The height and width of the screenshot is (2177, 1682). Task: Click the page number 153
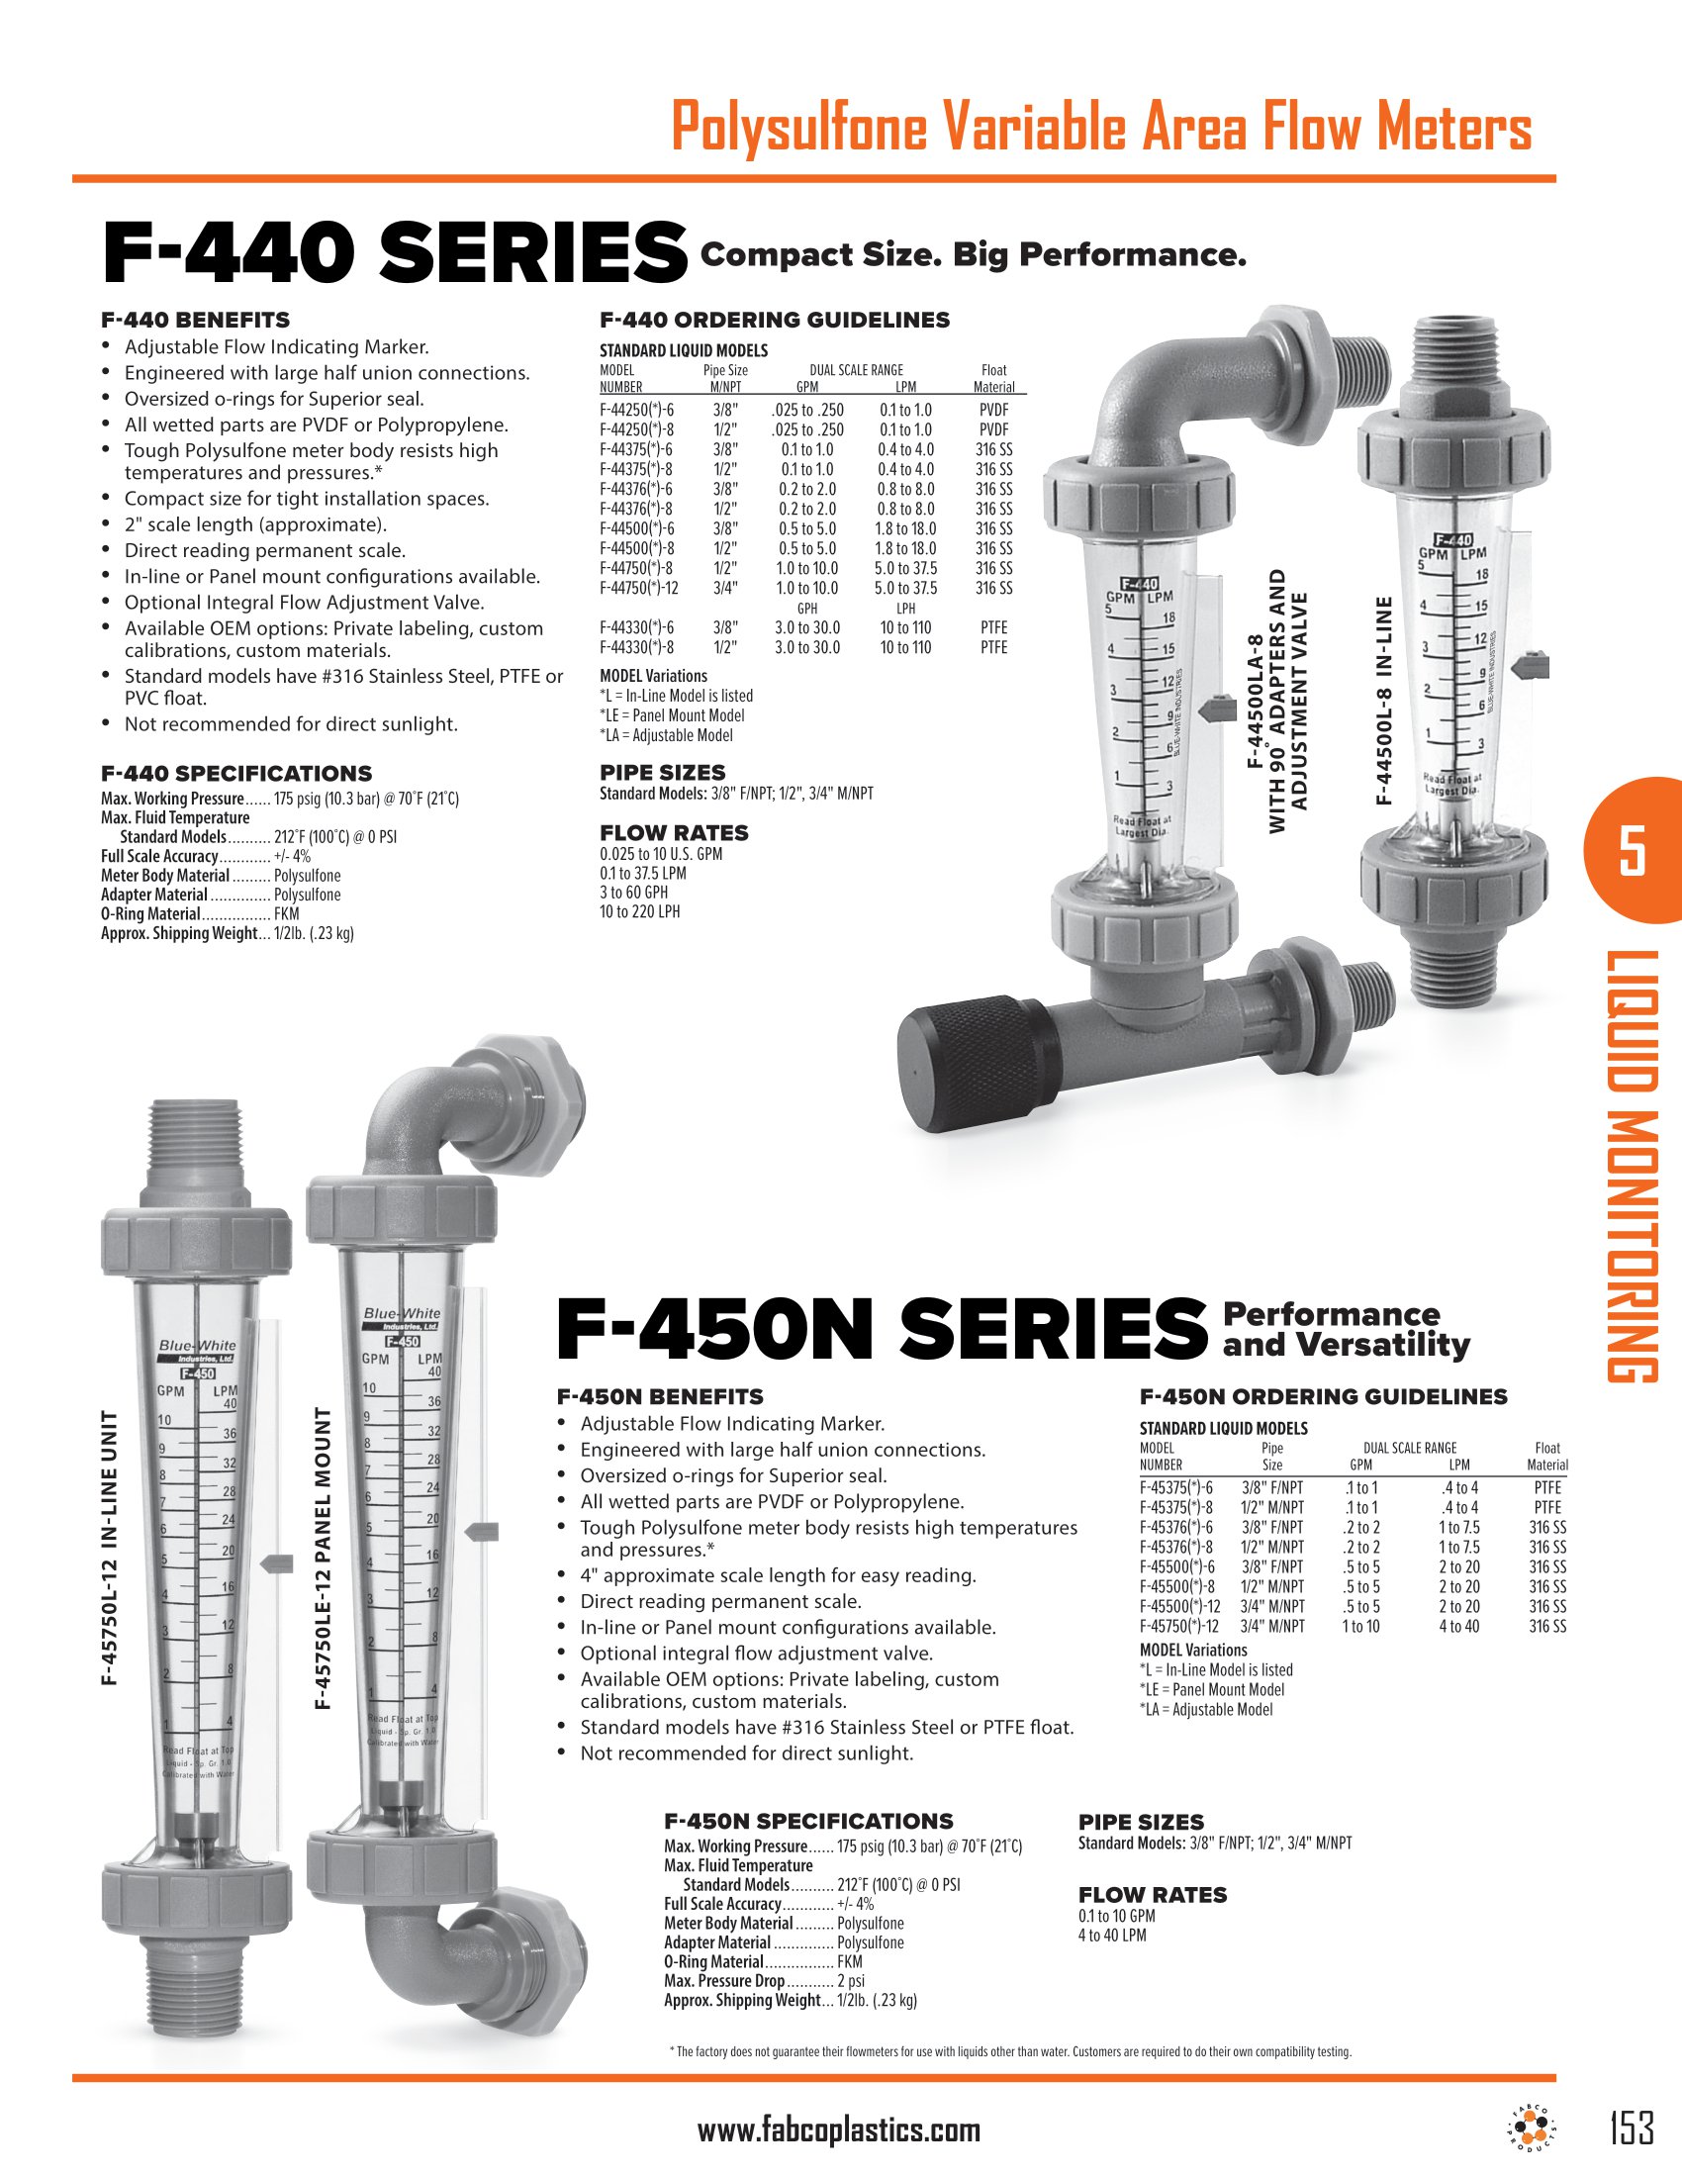tap(1632, 2129)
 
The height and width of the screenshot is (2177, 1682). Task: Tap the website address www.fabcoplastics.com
tap(838, 2130)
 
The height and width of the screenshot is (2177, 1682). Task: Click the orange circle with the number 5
tap(1632, 850)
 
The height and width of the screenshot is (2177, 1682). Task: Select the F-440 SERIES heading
tap(395, 253)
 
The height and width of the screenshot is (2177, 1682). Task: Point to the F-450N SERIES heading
tap(880, 1330)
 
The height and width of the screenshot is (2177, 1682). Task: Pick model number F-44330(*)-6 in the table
tap(637, 628)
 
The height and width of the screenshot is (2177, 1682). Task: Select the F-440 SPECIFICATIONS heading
tap(236, 774)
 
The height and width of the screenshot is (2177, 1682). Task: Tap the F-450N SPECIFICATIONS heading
tap(808, 1821)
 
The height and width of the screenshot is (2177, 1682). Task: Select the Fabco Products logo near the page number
tap(1529, 2128)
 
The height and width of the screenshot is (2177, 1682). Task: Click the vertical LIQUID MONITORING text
tap(1632, 1167)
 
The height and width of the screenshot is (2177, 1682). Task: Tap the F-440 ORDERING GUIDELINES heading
tap(775, 320)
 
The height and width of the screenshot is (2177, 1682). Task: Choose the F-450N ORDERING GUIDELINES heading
tap(1323, 1396)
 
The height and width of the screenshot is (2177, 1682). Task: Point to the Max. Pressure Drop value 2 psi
tap(850, 1981)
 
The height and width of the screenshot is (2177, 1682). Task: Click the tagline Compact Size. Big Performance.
tap(973, 255)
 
